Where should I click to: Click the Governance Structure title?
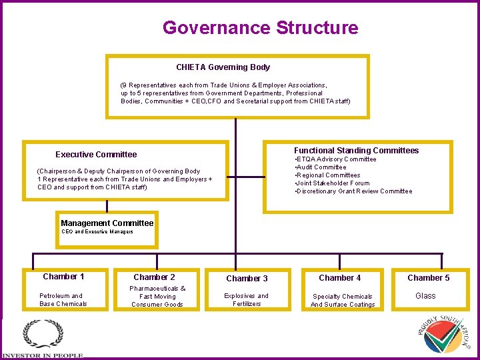[x=260, y=28]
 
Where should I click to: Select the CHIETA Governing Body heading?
[x=223, y=67]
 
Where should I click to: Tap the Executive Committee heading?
[x=96, y=154]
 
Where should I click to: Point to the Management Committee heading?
[x=107, y=223]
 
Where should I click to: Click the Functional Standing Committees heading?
[x=356, y=150]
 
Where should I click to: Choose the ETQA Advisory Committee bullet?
[x=335, y=159]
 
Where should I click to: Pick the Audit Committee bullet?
[x=321, y=167]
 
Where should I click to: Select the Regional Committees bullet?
[x=327, y=175]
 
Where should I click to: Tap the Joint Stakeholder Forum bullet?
[x=332, y=183]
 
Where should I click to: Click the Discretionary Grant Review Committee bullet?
[x=353, y=191]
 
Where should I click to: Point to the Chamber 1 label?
[x=63, y=277]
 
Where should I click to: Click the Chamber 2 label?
[x=154, y=277]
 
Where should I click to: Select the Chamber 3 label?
[x=247, y=278]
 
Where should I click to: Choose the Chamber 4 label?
[x=340, y=277]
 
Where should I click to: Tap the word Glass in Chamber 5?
[x=425, y=296]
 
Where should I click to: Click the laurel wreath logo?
[x=43, y=334]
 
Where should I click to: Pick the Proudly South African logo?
[x=445, y=334]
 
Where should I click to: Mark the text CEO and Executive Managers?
[x=97, y=232]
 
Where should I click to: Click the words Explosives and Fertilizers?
[x=247, y=300]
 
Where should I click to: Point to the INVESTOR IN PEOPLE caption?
[x=43, y=356]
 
